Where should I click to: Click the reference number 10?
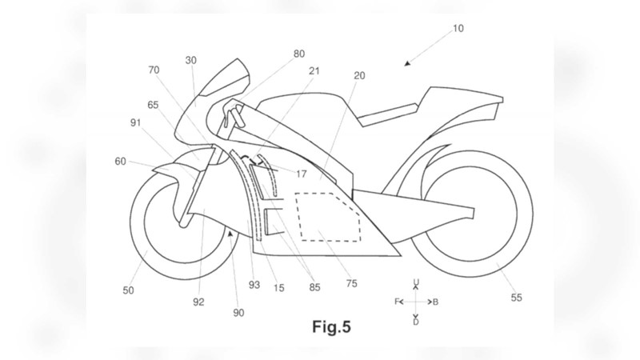tap(458, 29)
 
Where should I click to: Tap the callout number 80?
tap(299, 54)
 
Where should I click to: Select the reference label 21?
tap(314, 71)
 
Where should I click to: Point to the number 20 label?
tap(359, 75)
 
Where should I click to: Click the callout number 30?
tap(190, 61)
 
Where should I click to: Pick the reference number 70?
tap(154, 70)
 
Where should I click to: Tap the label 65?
tap(153, 106)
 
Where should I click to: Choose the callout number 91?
tap(135, 123)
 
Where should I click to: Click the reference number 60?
tap(121, 162)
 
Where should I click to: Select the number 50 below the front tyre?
tap(128, 290)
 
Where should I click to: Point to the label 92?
tap(198, 302)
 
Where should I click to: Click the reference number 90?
tap(238, 313)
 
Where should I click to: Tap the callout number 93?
tap(254, 286)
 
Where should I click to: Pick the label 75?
tap(351, 284)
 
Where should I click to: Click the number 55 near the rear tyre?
tap(516, 298)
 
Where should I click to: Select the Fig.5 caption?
tap(331, 327)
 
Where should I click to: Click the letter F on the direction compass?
tap(397, 302)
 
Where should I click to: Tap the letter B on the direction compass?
tap(435, 302)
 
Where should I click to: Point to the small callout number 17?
tap(302, 174)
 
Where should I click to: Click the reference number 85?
tap(314, 287)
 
